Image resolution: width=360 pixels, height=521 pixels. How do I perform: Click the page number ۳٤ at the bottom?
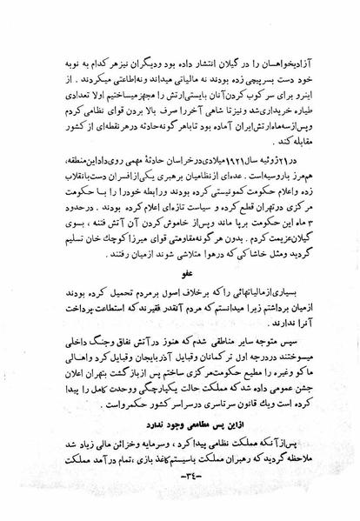coord(180,499)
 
